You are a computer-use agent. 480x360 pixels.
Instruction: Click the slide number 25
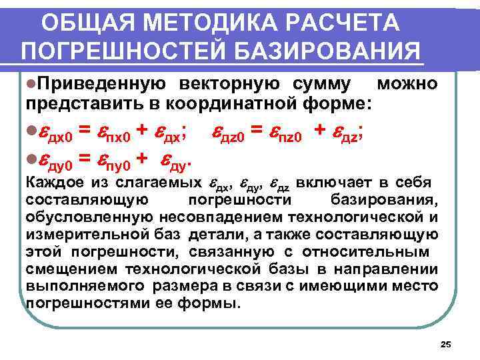(447, 344)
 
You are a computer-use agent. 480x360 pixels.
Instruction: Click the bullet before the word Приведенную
(31, 84)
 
